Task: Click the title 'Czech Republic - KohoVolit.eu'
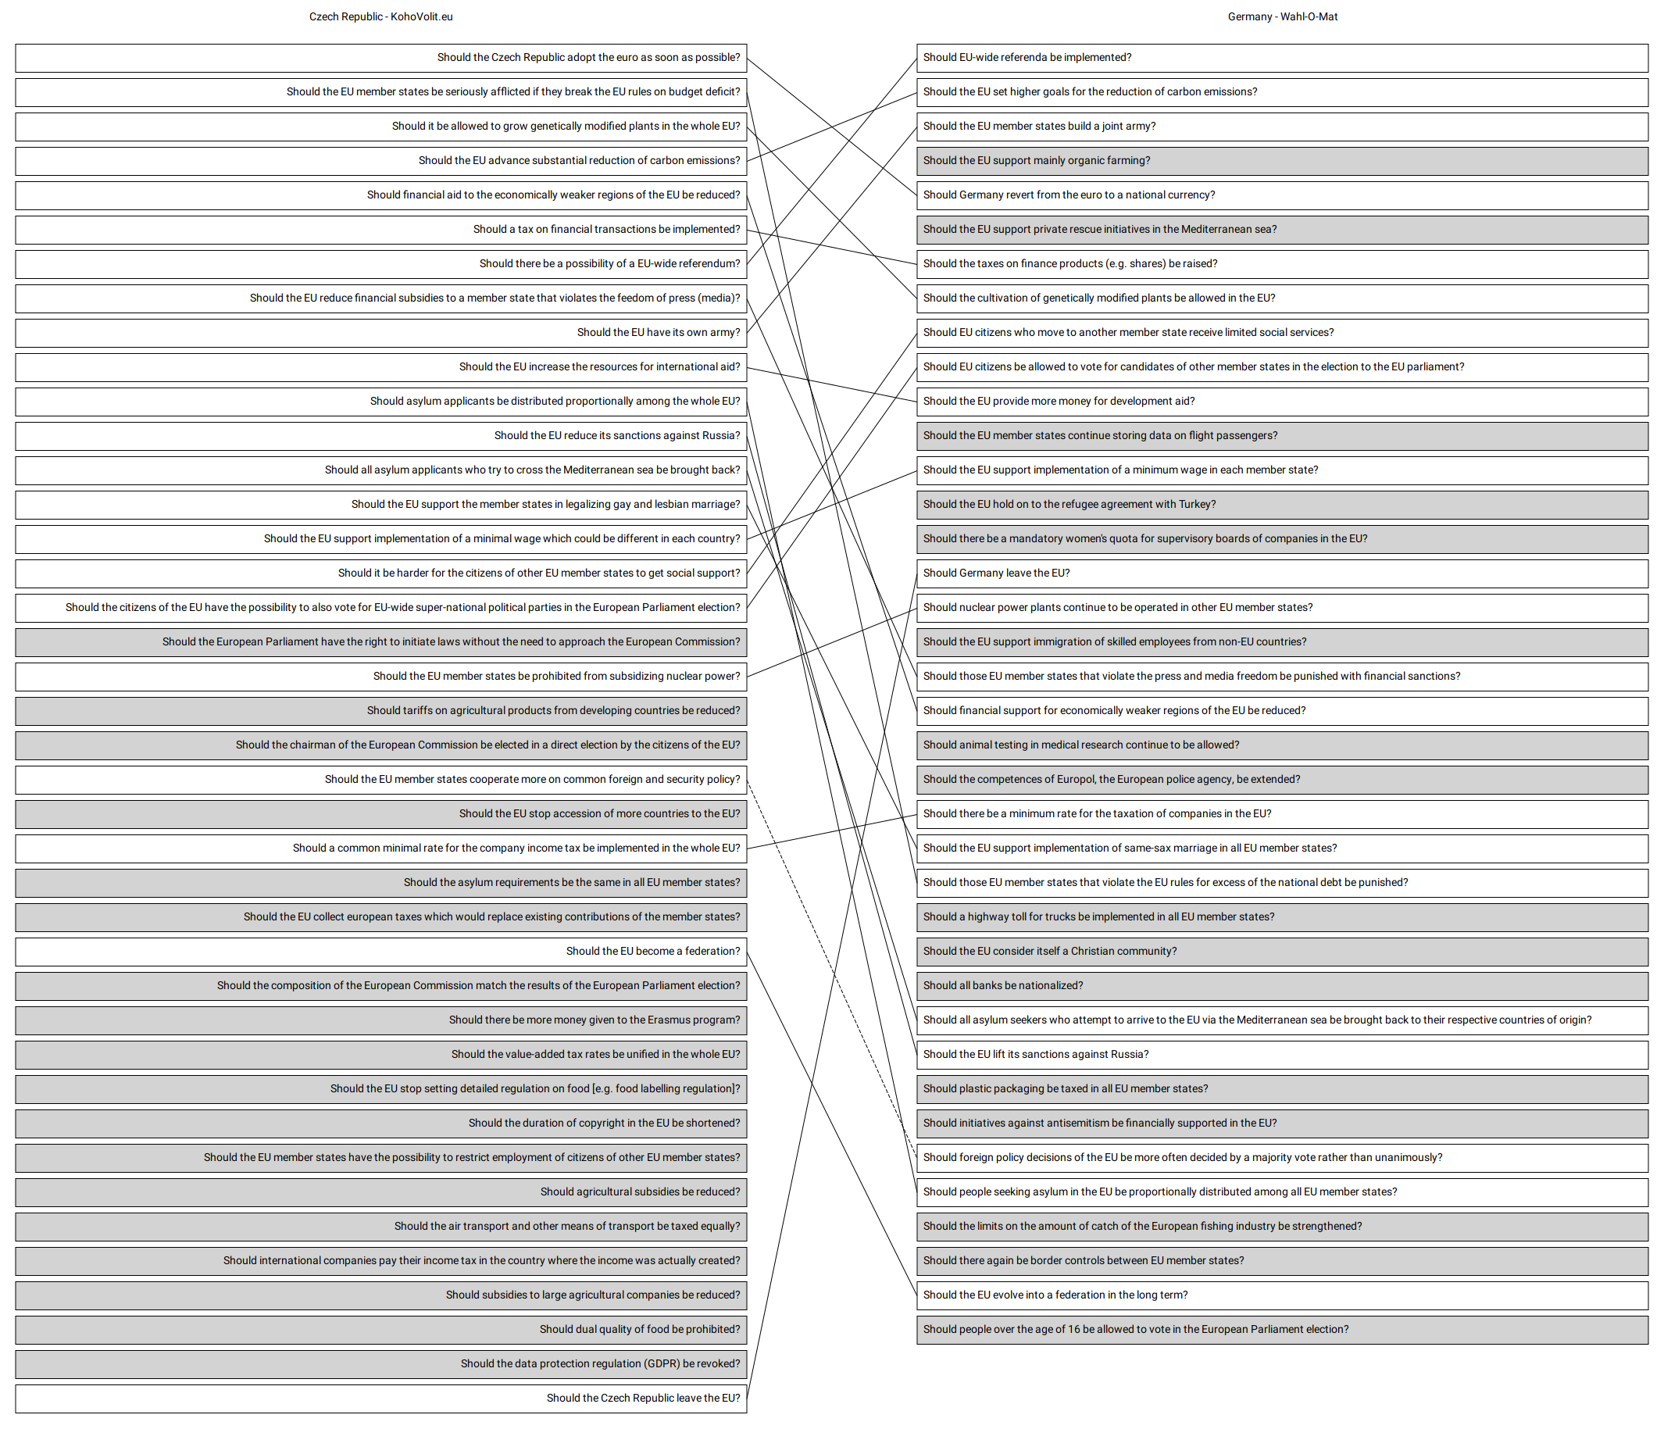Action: pos(380,17)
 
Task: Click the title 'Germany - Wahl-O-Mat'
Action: pos(1283,17)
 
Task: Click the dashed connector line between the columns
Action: pos(832,969)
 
